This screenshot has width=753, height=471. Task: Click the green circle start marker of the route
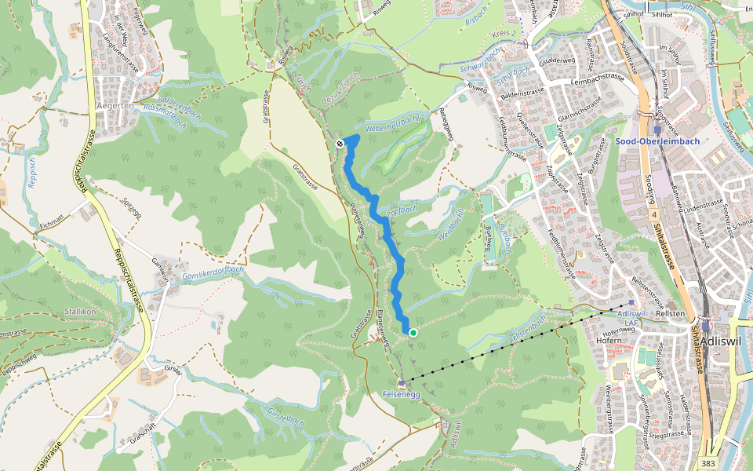pyautogui.click(x=413, y=333)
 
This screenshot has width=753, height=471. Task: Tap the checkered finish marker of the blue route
pyautogui.click(x=340, y=144)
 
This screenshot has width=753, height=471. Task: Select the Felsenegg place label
pyautogui.click(x=402, y=393)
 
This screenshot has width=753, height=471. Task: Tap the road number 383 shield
pyautogui.click(x=709, y=464)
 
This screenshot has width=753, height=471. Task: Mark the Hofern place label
pyautogui.click(x=608, y=341)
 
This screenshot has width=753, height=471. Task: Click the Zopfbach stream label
pyautogui.click(x=402, y=212)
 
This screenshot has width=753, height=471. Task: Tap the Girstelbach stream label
pyautogui.click(x=285, y=417)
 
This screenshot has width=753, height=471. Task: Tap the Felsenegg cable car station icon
pyautogui.click(x=402, y=383)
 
